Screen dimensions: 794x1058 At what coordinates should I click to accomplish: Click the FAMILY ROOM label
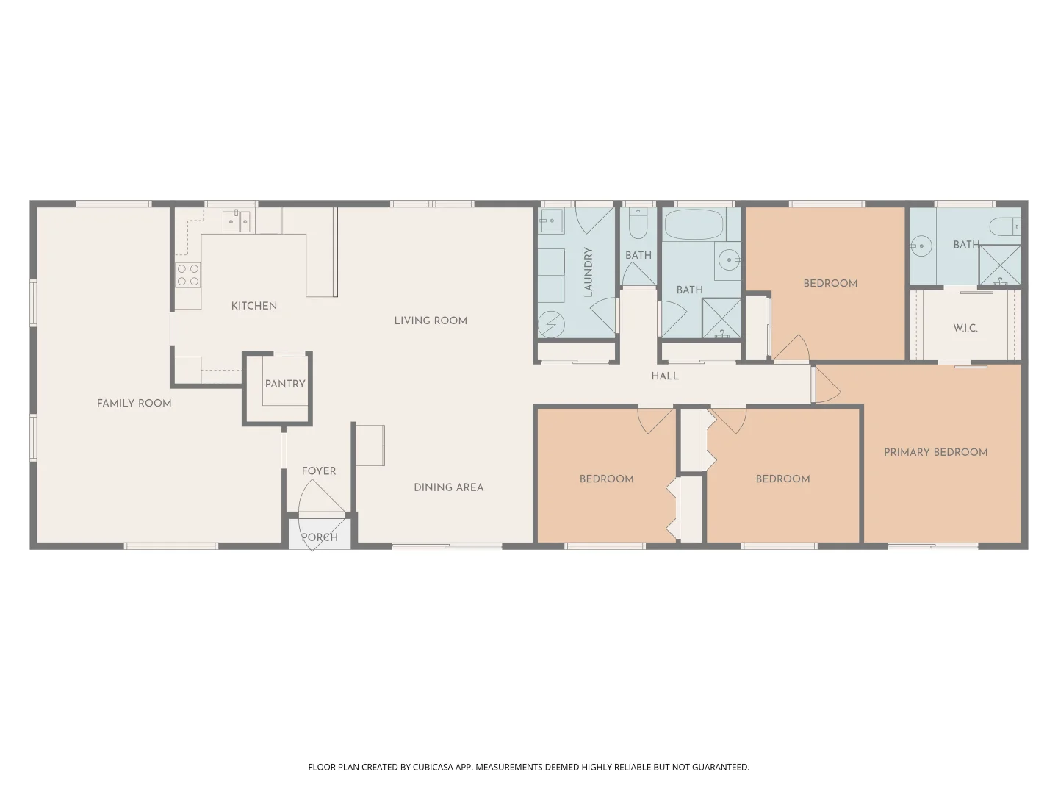pyautogui.click(x=134, y=403)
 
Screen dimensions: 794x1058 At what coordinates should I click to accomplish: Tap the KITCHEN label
pyautogui.click(x=254, y=306)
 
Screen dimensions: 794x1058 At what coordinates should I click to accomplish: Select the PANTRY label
pyautogui.click(x=285, y=384)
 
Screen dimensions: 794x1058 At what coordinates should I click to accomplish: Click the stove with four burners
pyautogui.click(x=188, y=275)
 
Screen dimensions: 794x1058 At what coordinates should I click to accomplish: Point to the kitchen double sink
pyautogui.click(x=237, y=221)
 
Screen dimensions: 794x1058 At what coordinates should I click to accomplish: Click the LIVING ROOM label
pyautogui.click(x=431, y=321)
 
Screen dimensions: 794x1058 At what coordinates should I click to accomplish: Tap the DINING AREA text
pyautogui.click(x=448, y=487)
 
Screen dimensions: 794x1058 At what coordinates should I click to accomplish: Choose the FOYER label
pyautogui.click(x=319, y=471)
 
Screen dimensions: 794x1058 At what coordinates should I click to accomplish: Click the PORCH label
pyautogui.click(x=320, y=537)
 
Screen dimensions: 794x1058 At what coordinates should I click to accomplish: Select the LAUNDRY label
pyautogui.click(x=588, y=272)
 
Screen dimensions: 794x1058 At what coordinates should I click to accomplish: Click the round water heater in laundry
pyautogui.click(x=552, y=323)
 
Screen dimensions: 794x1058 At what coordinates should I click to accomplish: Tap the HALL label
pyautogui.click(x=665, y=376)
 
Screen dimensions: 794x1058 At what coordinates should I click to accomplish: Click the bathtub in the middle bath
pyautogui.click(x=694, y=224)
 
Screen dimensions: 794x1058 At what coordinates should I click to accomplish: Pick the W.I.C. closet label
pyautogui.click(x=965, y=328)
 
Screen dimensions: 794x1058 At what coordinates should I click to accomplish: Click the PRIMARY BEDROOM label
pyautogui.click(x=935, y=452)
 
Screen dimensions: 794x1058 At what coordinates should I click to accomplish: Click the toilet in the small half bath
pyautogui.click(x=638, y=223)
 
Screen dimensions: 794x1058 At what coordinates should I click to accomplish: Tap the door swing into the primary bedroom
pyautogui.click(x=827, y=385)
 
